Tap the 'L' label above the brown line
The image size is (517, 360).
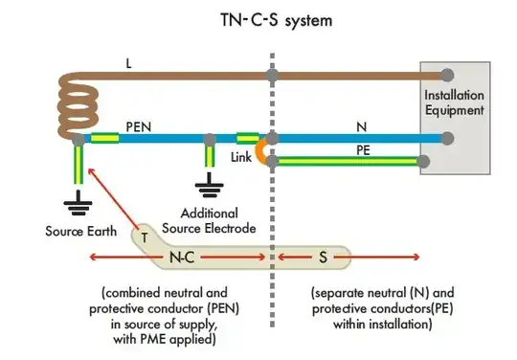[129, 63]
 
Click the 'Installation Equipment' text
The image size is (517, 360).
[455, 103]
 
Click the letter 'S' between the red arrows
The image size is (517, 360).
[322, 257]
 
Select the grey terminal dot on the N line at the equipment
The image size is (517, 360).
[447, 138]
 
